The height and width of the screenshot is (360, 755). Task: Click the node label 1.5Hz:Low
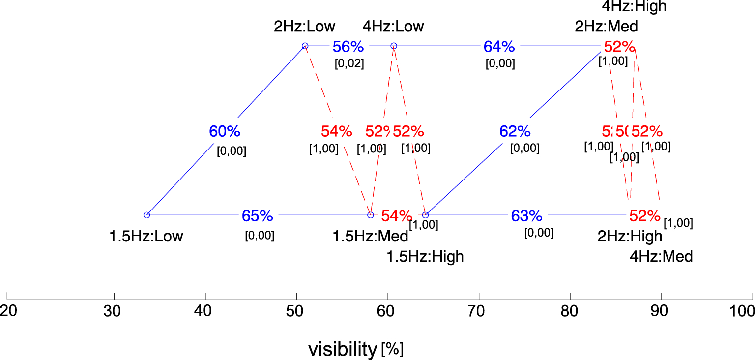[146, 237]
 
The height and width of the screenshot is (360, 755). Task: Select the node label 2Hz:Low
[304, 26]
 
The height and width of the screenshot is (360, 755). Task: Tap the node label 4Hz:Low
[393, 26]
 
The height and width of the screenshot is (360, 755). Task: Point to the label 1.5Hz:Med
[371, 237]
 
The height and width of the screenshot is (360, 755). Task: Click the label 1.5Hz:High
[425, 257]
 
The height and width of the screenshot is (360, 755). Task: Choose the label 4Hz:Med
[661, 257]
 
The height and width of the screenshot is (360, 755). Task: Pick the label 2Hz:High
[630, 237]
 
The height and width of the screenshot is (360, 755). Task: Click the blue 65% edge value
[257, 216]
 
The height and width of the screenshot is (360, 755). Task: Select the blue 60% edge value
[225, 131]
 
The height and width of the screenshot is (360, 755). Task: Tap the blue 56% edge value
[348, 47]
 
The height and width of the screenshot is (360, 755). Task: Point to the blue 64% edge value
[499, 47]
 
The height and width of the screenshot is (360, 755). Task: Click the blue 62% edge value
[515, 131]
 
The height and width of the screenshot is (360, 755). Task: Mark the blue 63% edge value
[526, 216]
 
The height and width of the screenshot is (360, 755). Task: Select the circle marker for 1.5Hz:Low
[146, 215]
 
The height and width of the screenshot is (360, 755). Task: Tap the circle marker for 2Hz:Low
[305, 46]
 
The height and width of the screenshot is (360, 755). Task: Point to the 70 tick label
[479, 311]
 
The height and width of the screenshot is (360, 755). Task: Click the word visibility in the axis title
[342, 349]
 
